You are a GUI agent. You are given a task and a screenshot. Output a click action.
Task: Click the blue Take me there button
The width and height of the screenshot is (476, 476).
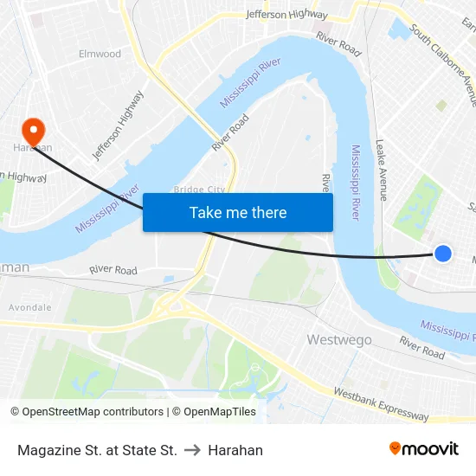(238, 212)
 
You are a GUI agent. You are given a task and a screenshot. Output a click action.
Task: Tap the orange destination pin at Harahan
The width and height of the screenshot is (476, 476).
(34, 131)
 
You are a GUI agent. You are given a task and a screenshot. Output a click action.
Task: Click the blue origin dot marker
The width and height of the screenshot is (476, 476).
(442, 254)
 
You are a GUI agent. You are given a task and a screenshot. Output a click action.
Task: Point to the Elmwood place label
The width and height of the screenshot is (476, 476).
(100, 54)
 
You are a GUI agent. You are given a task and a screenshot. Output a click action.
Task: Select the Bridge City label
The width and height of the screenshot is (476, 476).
(199, 190)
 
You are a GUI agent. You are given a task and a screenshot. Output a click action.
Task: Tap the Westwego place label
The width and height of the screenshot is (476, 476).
(340, 339)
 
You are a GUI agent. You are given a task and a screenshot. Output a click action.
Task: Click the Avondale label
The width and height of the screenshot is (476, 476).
(30, 307)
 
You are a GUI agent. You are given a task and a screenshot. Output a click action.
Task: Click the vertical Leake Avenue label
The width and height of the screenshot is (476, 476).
(381, 171)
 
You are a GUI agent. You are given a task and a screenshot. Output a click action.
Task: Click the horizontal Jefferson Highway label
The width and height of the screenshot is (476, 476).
(286, 15)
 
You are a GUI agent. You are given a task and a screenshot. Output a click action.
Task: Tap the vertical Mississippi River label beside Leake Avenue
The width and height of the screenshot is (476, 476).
(355, 182)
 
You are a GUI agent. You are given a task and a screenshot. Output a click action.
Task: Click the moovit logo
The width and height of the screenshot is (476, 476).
(423, 448)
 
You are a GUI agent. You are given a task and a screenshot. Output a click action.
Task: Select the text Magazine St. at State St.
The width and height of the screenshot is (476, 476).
(97, 450)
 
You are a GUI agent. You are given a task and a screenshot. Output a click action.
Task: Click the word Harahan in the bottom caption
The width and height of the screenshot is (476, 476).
(235, 450)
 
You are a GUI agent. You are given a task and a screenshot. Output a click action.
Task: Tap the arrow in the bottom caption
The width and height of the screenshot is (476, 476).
(192, 450)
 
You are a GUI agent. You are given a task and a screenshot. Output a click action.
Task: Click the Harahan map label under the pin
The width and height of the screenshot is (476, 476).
(33, 148)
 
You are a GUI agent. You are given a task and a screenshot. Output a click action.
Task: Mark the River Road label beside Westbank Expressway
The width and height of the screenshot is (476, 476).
(421, 347)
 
